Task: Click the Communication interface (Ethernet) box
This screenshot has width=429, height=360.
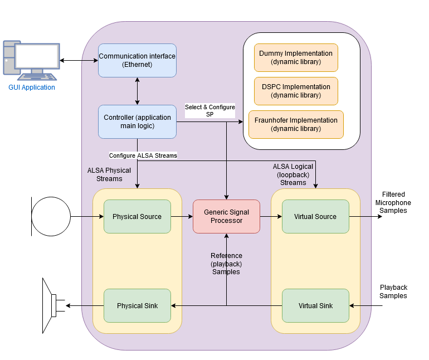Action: [137, 60]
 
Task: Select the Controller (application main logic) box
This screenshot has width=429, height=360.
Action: [137, 121]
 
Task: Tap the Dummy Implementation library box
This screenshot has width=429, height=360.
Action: [296, 57]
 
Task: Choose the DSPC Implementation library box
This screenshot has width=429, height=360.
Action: [296, 91]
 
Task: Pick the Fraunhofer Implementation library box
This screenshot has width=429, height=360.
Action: [296, 124]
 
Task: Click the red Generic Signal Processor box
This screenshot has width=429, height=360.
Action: [226, 216]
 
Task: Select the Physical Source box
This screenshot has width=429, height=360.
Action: [137, 216]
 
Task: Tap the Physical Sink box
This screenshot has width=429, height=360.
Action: [137, 305]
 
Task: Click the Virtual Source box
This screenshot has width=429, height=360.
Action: [315, 216]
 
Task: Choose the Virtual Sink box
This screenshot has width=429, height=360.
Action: [315, 305]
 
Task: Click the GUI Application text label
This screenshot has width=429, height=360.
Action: [32, 87]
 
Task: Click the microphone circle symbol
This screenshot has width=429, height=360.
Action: [51, 216]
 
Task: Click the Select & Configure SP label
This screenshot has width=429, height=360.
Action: [210, 110]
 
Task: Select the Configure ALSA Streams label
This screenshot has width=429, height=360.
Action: [143, 155]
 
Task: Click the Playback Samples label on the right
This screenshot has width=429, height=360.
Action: [393, 291]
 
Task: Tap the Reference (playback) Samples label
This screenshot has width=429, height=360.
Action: [226, 264]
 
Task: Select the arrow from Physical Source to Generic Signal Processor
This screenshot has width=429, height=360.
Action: [182, 216]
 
